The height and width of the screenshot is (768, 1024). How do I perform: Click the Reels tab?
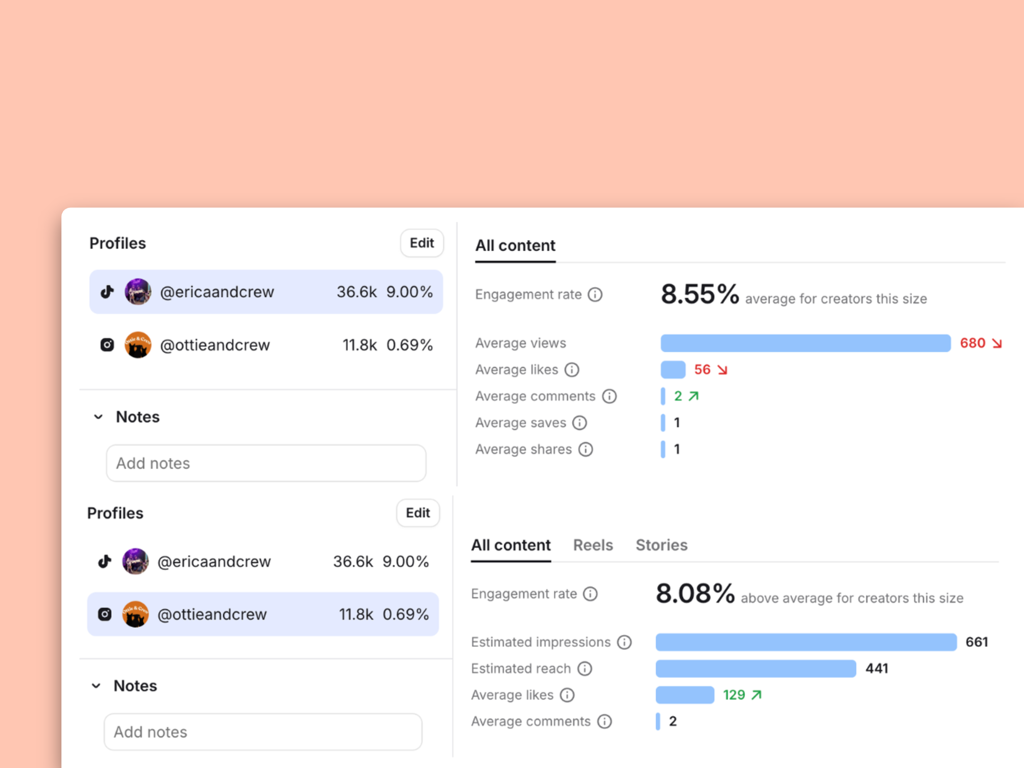click(593, 545)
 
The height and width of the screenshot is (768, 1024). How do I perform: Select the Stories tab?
click(662, 545)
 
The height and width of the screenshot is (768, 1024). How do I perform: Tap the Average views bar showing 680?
click(805, 343)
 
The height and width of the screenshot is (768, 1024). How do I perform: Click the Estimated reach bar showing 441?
click(756, 668)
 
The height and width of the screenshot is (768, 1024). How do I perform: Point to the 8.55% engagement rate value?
click(700, 294)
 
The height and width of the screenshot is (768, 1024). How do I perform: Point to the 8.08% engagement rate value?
click(695, 594)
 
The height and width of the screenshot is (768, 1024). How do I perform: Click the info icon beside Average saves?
click(580, 423)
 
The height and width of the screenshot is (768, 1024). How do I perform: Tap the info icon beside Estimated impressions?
click(624, 642)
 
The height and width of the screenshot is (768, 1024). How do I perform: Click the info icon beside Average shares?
click(586, 450)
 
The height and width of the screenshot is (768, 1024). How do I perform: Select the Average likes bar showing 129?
click(685, 695)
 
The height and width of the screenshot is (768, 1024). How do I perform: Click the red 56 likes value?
click(702, 370)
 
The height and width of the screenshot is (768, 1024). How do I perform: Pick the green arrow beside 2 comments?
click(694, 396)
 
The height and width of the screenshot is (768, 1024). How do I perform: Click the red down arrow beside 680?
click(997, 343)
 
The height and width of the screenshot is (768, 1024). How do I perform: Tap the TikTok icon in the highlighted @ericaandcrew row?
click(107, 292)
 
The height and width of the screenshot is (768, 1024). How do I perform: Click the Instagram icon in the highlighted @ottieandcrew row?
click(105, 614)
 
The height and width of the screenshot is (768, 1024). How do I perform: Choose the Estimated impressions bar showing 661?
click(806, 642)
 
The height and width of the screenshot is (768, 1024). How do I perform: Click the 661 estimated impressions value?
click(977, 642)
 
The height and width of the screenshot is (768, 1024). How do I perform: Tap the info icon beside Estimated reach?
click(585, 669)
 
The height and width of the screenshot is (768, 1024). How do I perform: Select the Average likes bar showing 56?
click(673, 370)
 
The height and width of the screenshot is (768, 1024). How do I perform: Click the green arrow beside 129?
click(757, 695)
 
